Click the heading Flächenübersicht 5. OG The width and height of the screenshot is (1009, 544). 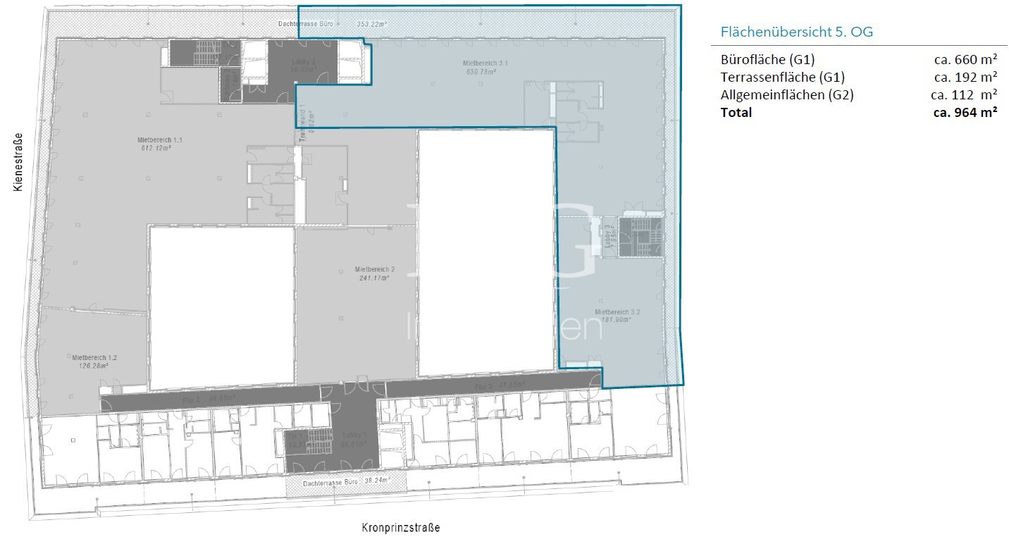[797, 32]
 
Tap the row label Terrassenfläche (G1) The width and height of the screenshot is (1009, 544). [782, 77]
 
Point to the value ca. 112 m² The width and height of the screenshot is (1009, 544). [963, 94]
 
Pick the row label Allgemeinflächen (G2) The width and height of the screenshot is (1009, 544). [787, 94]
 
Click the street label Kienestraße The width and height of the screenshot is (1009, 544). [19, 162]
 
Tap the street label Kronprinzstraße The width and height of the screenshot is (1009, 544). [401, 527]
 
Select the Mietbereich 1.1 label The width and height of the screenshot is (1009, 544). [154, 140]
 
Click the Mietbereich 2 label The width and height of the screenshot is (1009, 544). [375, 269]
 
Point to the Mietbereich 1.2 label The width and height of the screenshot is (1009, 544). [94, 357]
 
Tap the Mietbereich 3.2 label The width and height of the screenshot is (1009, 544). [617, 311]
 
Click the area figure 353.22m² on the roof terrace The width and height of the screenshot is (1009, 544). [371, 24]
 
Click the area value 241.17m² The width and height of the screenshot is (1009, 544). [373, 278]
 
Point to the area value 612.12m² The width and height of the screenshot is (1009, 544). [155, 148]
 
